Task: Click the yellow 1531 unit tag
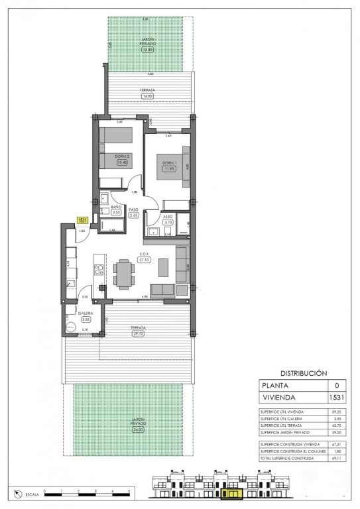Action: [x=83, y=221]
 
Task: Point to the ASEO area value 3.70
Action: [x=168, y=223]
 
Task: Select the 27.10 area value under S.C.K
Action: [x=144, y=260]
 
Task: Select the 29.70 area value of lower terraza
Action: [x=139, y=335]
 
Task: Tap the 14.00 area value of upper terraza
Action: [x=147, y=96]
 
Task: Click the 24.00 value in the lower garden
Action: [x=138, y=429]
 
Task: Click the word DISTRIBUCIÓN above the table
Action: [x=305, y=373]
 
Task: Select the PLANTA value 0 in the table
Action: [x=337, y=385]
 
